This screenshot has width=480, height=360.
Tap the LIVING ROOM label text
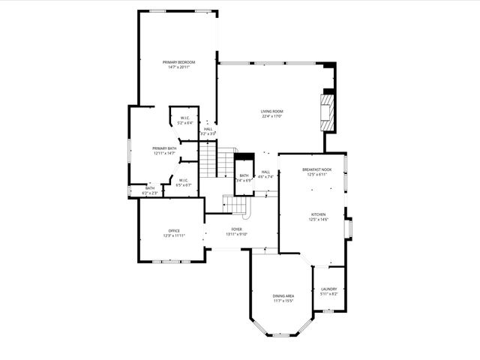[272, 111]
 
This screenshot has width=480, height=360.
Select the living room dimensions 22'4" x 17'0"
[272, 116]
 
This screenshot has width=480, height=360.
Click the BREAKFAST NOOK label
[316, 169]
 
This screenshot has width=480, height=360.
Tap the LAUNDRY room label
[328, 289]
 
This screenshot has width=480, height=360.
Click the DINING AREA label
[283, 296]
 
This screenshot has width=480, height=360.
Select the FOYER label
[236, 229]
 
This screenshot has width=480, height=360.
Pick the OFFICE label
[173, 230]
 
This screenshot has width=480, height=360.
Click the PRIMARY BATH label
[164, 148]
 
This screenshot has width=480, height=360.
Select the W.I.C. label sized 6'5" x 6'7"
[184, 180]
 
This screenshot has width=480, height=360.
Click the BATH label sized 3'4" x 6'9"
[244, 175]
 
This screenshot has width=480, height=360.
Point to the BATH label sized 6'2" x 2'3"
[150, 188]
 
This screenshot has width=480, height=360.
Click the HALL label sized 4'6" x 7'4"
[265, 172]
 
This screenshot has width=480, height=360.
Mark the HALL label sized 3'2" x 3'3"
[208, 128]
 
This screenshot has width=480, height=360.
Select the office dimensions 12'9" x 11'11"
[173, 235]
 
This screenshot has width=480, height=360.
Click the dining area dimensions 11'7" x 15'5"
[283, 301]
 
